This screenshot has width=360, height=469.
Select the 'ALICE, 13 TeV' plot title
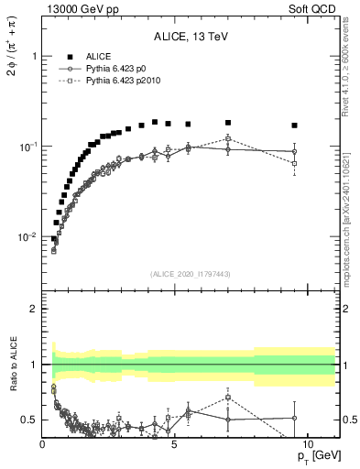coord(191,37)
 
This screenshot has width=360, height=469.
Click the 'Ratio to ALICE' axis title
coord(15,365)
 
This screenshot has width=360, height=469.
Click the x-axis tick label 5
coord(175,444)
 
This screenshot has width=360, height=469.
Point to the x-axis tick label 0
coord(43,444)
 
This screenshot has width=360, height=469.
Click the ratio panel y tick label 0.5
coord(29,420)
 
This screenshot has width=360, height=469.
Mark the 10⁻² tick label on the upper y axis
coord(27,237)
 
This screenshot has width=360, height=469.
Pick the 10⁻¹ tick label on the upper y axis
coord(27,147)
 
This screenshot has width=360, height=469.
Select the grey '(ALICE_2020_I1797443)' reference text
coord(191,274)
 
